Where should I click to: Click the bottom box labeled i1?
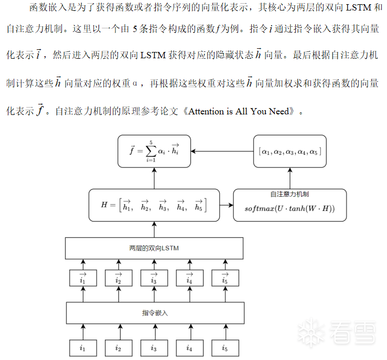[x=83, y=347]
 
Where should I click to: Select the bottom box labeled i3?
[x=154, y=347]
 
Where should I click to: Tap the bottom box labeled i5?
[x=224, y=347]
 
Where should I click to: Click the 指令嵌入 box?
[x=155, y=313]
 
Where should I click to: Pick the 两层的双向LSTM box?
[x=154, y=248]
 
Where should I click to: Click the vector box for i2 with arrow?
[x=119, y=278]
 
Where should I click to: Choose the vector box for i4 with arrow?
[x=189, y=278]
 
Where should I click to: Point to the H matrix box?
[x=154, y=205]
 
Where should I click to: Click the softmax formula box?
[x=289, y=208]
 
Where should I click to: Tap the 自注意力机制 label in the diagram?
[x=289, y=195]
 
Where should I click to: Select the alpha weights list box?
[x=289, y=151]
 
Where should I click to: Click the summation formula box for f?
[x=154, y=151]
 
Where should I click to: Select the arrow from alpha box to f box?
[x=222, y=151]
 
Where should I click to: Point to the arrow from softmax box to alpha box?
[x=289, y=178]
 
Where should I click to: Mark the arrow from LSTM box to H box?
[x=154, y=229]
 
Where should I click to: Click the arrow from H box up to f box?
[x=154, y=178]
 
